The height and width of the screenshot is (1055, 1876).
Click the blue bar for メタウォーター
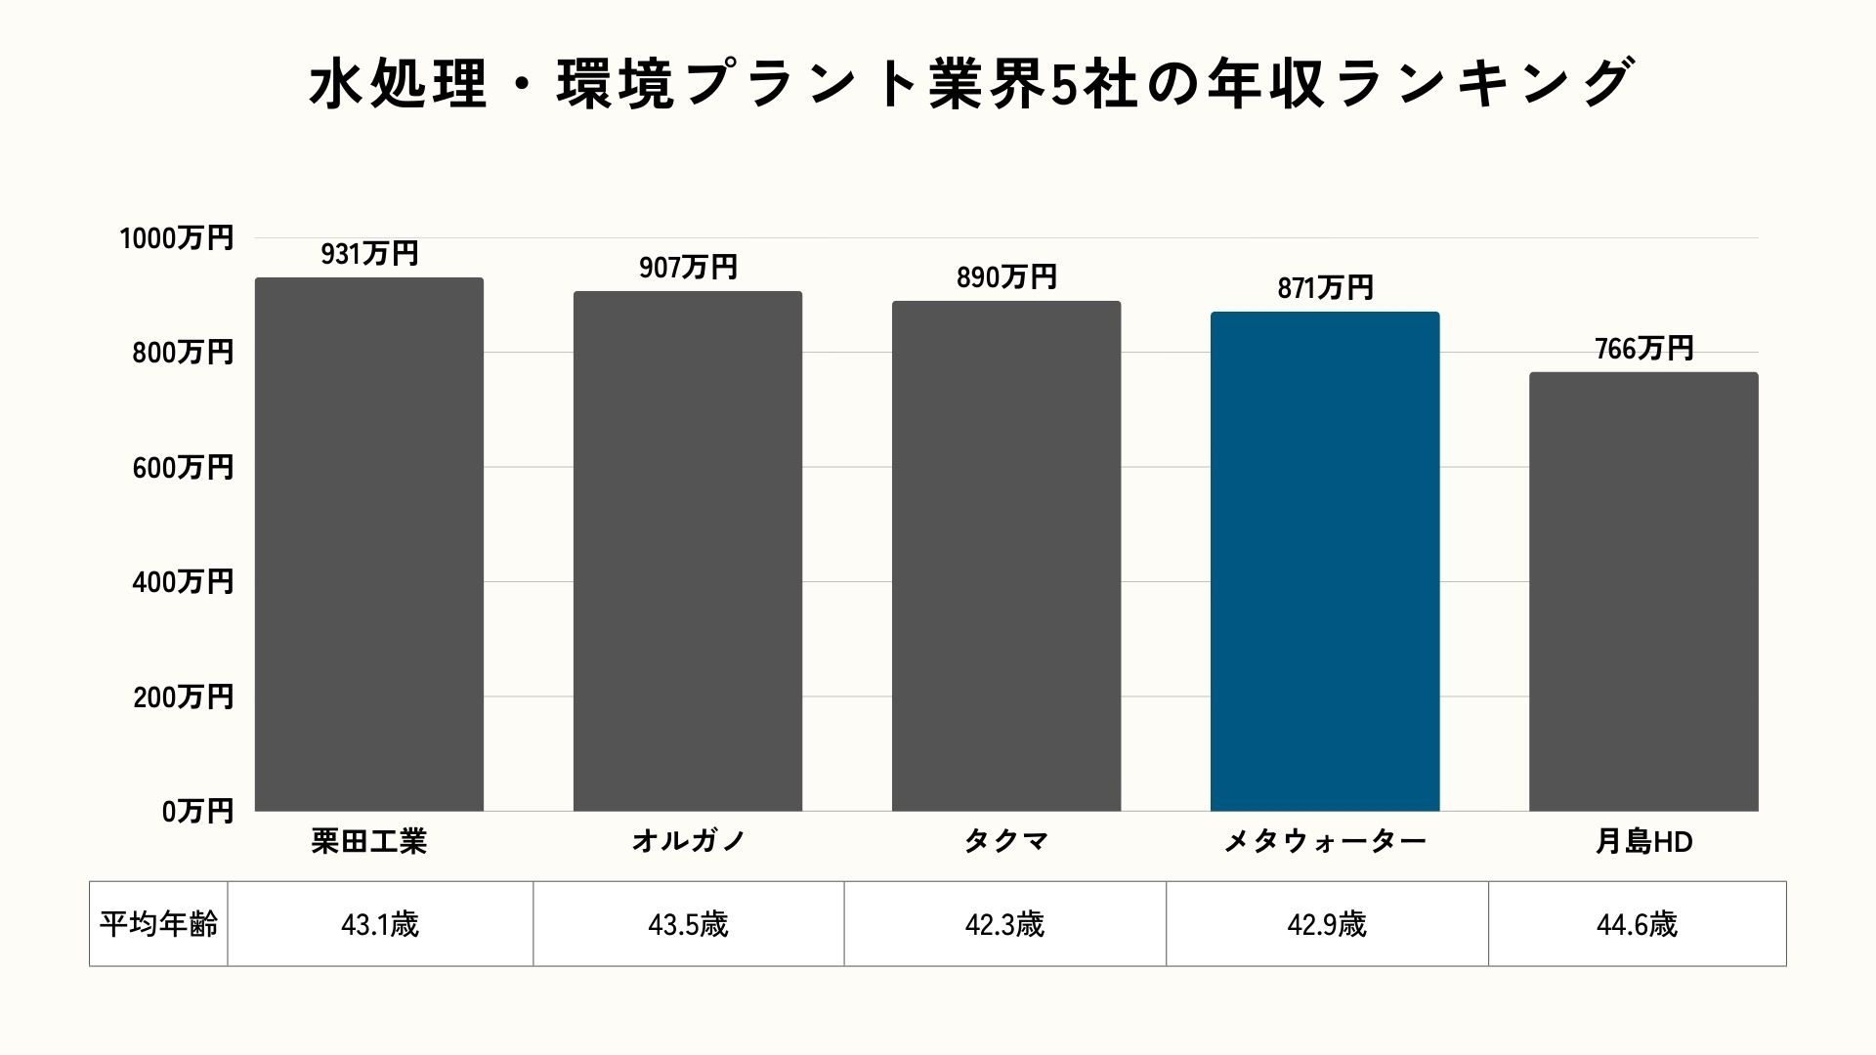1324,562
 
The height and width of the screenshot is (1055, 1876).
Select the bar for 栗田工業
369,544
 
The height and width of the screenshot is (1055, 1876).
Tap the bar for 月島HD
1642,591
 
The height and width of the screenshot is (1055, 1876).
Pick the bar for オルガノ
687,551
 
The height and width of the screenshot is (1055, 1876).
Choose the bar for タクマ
1005,556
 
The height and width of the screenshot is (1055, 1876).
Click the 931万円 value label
369,254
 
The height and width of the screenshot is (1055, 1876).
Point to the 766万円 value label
1643,349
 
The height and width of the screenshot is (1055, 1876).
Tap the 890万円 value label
1006,277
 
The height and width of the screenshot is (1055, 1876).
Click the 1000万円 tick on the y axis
177,238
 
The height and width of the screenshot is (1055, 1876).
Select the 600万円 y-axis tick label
183,468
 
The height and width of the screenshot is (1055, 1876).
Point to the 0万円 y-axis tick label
197,811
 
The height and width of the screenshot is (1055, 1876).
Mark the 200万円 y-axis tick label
183,697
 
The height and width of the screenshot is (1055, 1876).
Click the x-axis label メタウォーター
1324,841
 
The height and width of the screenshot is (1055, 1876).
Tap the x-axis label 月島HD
1643,841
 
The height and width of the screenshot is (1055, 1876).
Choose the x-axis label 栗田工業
369,841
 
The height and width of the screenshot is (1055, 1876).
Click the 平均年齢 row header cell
158,924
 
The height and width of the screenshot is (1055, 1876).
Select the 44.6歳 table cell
1637,924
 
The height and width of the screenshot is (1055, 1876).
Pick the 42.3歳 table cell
1004,924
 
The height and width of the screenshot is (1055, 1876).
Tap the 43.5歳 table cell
688,924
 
